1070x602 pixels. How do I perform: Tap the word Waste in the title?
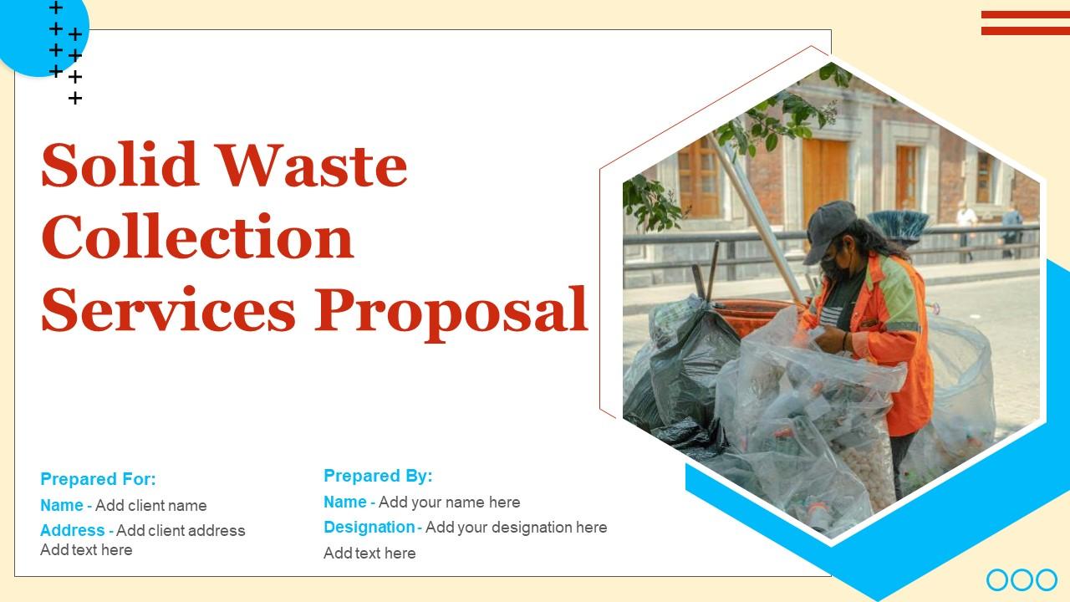pyautogui.click(x=313, y=166)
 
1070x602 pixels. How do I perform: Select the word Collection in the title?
pyautogui.click(x=197, y=237)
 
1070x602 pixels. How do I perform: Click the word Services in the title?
pyautogui.click(x=168, y=309)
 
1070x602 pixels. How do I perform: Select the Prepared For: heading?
pyautogui.click(x=98, y=479)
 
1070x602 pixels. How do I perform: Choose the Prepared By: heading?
pyautogui.click(x=378, y=476)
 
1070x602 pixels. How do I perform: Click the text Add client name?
pyautogui.click(x=150, y=506)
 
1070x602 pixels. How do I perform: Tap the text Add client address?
pyautogui.click(x=181, y=531)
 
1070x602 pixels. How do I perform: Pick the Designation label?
pyautogui.click(x=369, y=528)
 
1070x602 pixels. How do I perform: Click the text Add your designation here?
pyautogui.click(x=516, y=528)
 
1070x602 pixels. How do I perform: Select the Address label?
pyautogui.click(x=72, y=531)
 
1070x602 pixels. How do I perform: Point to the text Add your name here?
pyautogui.click(x=449, y=503)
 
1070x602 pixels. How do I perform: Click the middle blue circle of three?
pyautogui.click(x=1022, y=579)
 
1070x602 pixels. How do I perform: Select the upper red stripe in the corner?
pyautogui.click(x=1025, y=15)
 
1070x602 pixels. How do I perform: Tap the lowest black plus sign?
pyautogui.click(x=74, y=99)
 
